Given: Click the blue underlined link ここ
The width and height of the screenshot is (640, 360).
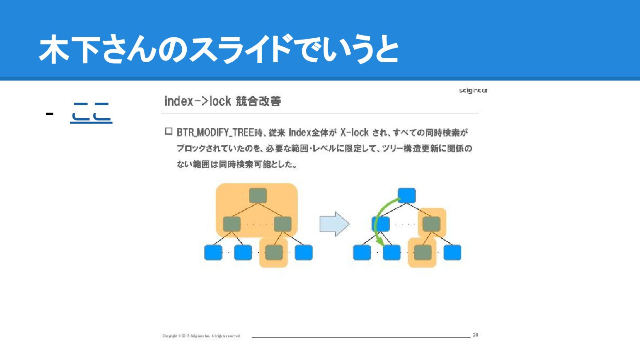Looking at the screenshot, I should tap(91, 113).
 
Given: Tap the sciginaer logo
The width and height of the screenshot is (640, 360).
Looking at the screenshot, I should tap(473, 91).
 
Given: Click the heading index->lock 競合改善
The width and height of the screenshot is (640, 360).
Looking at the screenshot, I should tap(222, 101).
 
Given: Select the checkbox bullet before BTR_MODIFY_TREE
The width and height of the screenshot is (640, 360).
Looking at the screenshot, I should tap(168, 132).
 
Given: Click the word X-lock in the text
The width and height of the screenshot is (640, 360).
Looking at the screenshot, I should tap(354, 132).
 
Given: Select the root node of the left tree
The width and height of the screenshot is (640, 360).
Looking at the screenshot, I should tap(258, 196).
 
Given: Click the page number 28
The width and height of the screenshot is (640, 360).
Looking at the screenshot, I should tap(475, 335).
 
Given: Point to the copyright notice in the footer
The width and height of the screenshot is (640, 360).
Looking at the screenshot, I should tap(201, 336).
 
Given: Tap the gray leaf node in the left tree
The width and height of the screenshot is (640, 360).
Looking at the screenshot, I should tap(274, 252).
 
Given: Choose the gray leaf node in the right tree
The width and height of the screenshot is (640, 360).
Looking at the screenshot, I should tap(423, 252).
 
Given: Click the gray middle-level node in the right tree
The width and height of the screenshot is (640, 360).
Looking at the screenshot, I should tap(432, 224).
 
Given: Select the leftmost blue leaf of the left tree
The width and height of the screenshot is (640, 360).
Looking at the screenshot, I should tap(213, 252).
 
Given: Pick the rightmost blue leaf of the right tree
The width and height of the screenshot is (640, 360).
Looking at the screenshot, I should tap(452, 252).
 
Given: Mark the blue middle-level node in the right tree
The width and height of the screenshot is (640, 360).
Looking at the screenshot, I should tap(381, 224).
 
